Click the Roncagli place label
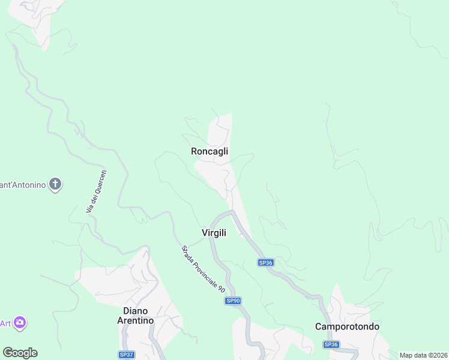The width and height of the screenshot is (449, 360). click(x=209, y=151)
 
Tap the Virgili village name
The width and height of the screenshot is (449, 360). click(x=214, y=233)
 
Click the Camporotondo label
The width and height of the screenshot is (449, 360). click(x=347, y=326)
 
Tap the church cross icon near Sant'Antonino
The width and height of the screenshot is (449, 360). click(x=55, y=184)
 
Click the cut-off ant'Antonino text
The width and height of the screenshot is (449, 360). click(x=23, y=185)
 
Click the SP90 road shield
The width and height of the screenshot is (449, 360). click(x=233, y=301)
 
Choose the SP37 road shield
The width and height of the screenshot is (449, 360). click(x=126, y=355)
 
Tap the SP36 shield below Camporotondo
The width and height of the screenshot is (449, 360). click(x=331, y=344)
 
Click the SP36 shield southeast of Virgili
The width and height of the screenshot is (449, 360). click(x=265, y=262)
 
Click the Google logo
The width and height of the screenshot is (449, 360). click(x=20, y=353)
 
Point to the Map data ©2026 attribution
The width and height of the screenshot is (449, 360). click(x=423, y=355)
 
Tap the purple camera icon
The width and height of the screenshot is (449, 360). click(x=20, y=323)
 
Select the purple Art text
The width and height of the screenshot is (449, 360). click(x=5, y=323)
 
